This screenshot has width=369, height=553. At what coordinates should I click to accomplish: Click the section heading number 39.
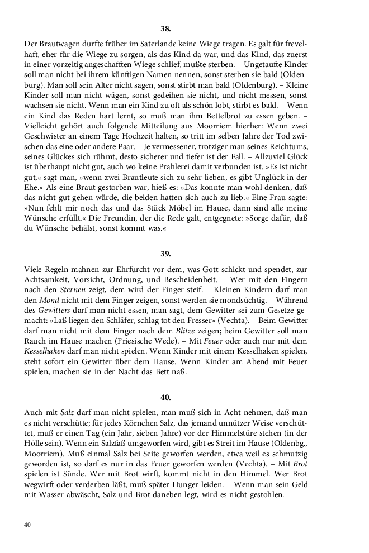[x=165, y=254]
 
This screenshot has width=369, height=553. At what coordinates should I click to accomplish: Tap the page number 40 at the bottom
[x=27, y=525]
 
